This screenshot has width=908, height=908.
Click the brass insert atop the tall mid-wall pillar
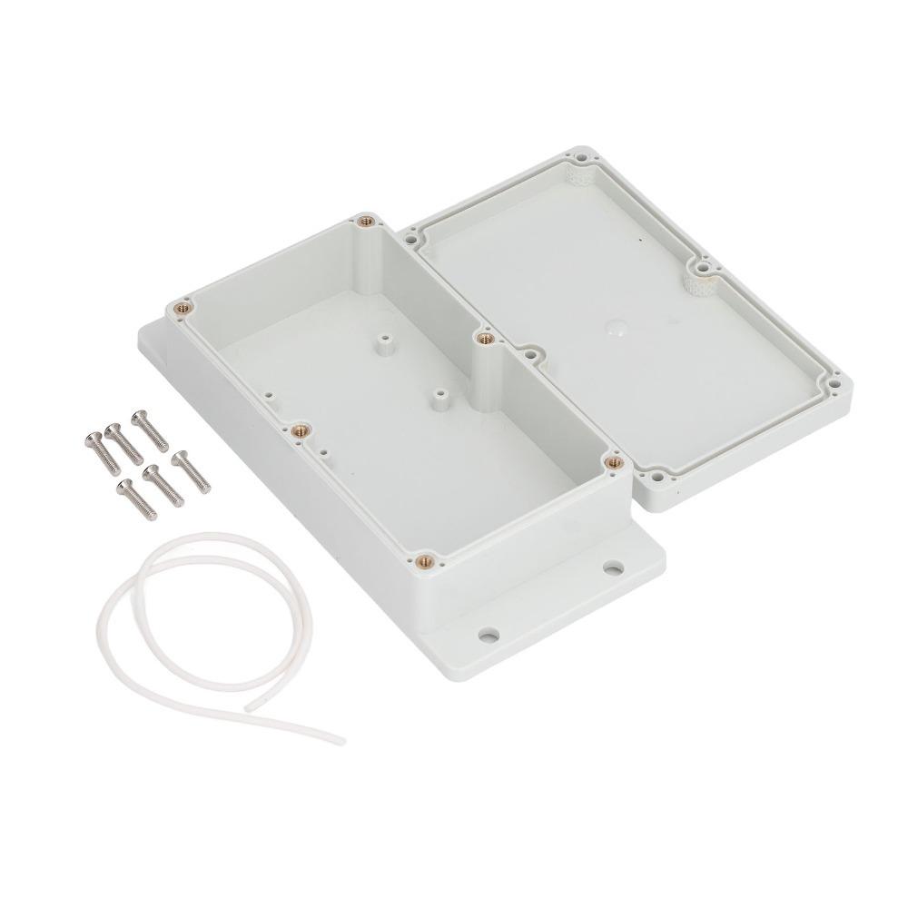point(482,338)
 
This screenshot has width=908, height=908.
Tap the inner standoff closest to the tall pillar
point(441,396)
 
